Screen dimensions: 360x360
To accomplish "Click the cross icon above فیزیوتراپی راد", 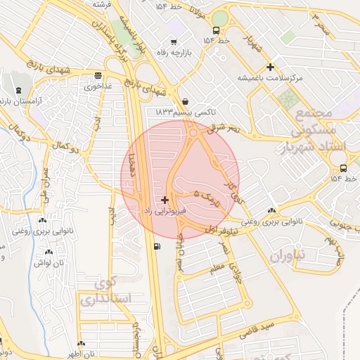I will coord(165,200).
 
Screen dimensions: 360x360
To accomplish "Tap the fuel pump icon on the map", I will coord(155,246).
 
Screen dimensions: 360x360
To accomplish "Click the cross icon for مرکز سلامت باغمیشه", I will coord(270,67).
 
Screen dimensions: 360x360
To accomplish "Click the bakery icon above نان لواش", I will coord(49,252).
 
